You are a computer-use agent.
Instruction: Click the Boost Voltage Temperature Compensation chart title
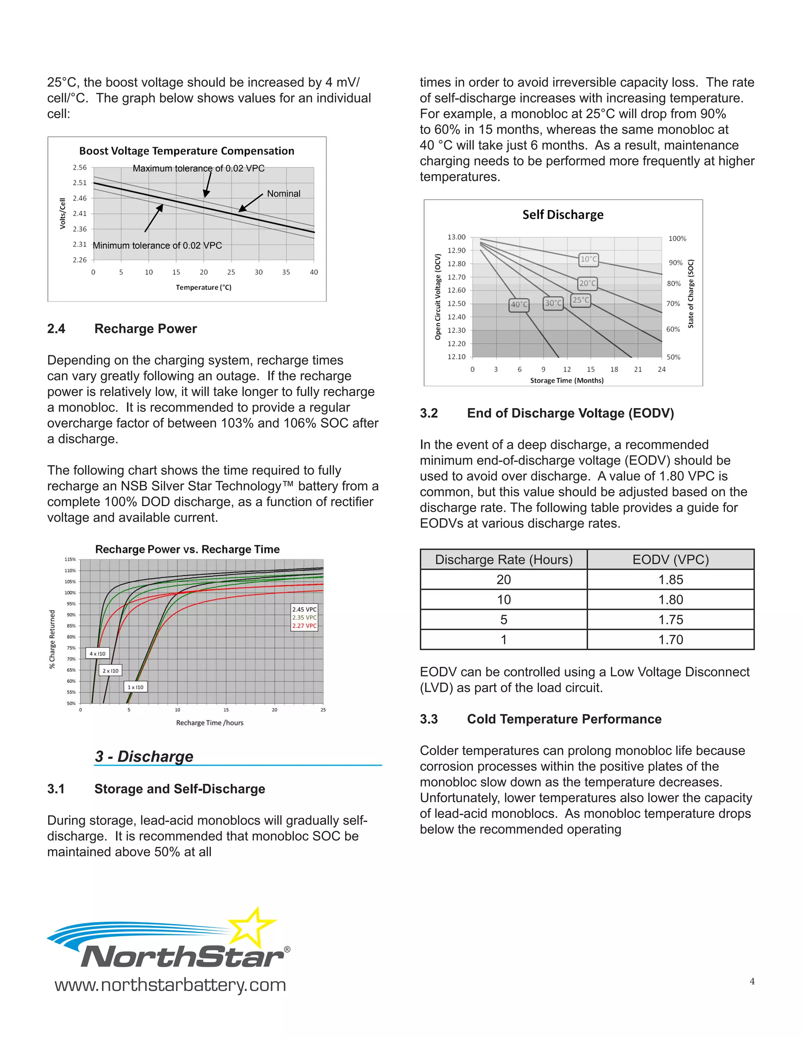point(186,151)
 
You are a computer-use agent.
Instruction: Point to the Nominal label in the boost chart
point(283,193)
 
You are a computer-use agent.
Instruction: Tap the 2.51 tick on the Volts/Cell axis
point(80,183)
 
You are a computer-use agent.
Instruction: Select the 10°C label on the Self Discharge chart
point(589,259)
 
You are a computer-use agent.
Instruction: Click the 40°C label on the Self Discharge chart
point(519,305)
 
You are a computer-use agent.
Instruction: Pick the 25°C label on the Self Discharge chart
point(581,300)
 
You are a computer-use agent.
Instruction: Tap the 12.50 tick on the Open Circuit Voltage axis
point(456,304)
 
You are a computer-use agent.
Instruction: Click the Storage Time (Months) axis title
point(566,381)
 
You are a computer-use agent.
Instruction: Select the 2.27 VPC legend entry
point(304,626)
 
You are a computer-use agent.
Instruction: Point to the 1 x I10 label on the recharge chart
point(135,687)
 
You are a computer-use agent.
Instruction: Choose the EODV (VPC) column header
point(670,560)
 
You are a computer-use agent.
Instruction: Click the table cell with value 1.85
point(670,580)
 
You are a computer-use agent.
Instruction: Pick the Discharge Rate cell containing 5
point(503,620)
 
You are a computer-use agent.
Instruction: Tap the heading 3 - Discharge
point(144,756)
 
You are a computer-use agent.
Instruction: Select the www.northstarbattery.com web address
point(170,985)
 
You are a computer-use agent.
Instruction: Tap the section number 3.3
point(428,719)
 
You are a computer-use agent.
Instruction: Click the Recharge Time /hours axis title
point(210,723)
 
